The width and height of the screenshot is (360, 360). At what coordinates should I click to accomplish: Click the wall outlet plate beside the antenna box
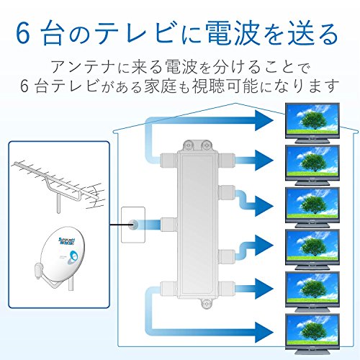pyautogui.click(x=134, y=225)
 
